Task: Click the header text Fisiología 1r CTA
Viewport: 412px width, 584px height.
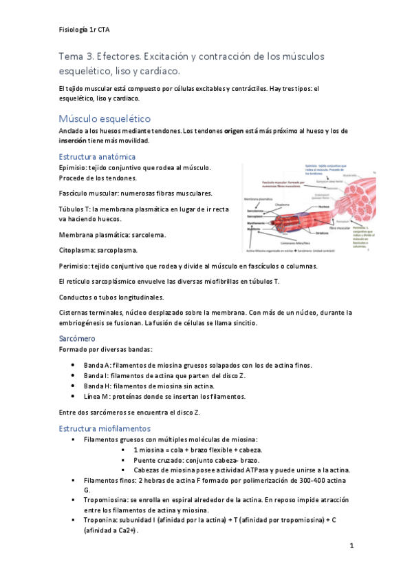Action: click(85, 30)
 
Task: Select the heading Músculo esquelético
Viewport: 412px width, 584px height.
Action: click(105, 118)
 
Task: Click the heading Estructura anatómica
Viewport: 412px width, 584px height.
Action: click(96, 156)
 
